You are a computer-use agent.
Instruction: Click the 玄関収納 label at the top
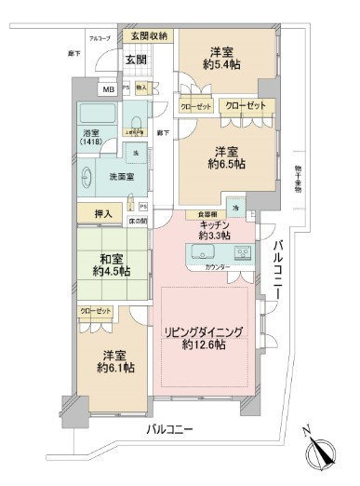pos(149,36)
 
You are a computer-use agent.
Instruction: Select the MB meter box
pos(109,89)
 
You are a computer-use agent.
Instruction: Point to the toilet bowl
pos(139,123)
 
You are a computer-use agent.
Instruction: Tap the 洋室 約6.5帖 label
pos(226,156)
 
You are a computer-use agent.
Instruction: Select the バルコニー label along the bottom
pos(168,429)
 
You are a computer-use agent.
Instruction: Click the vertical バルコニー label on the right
pos(278,270)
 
